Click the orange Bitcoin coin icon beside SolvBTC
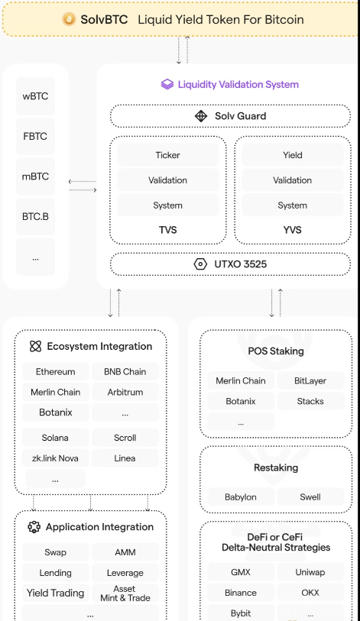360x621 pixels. tap(69, 19)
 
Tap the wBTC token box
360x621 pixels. tap(35, 95)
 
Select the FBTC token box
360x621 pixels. tap(35, 136)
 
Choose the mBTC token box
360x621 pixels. tap(35, 176)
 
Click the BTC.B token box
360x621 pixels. tap(35, 217)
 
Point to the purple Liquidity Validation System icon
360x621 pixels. tap(167, 84)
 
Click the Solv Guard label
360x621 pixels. tap(240, 116)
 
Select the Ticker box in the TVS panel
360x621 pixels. tap(167, 155)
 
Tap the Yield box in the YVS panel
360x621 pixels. tap(293, 155)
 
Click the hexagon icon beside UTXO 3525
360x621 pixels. tap(200, 264)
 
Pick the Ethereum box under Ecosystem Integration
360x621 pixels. tap(56, 371)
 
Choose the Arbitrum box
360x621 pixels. tap(125, 392)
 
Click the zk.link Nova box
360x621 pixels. tap(56, 458)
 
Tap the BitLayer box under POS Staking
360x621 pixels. tap(310, 380)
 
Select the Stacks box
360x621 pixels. tap(310, 401)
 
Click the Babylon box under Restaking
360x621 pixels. tap(241, 497)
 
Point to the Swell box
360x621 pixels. tap(310, 497)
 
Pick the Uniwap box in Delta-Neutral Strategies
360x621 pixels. tap(310, 572)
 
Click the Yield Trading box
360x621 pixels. tap(56, 593)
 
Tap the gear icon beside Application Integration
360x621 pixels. tap(34, 527)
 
